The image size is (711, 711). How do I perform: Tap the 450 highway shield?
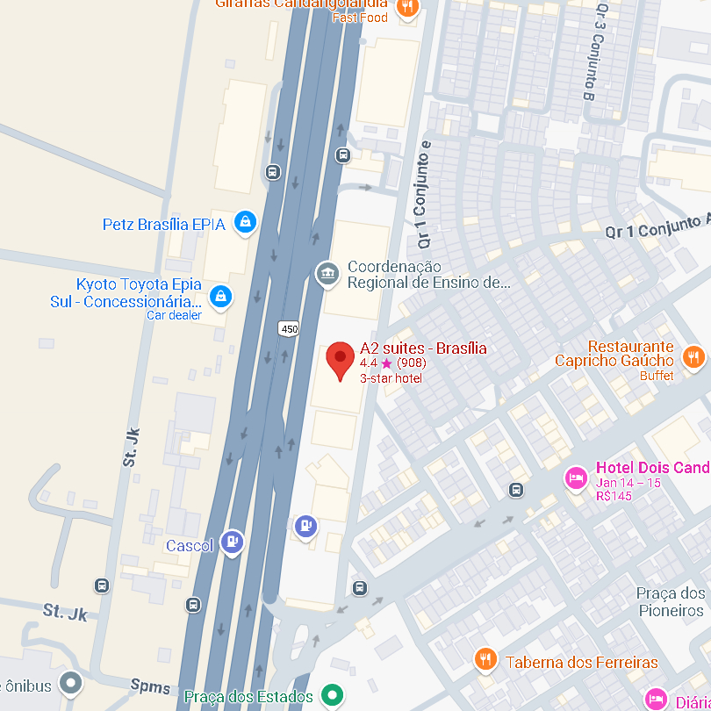pos(289,328)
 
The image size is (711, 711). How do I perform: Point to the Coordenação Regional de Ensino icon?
pos(327,274)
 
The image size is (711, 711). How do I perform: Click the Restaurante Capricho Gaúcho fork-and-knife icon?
pos(693,356)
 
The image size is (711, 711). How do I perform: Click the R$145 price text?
pos(614,496)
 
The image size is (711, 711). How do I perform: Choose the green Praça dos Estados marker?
pos(331,696)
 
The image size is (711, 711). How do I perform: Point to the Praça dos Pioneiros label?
pos(671,602)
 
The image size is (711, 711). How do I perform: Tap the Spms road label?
pos(150,683)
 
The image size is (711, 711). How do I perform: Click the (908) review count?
pos(412,363)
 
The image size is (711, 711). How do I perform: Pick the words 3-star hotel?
pos(391,378)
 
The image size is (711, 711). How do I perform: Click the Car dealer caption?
pos(174,315)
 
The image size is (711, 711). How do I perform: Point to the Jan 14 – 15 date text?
pos(628,483)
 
